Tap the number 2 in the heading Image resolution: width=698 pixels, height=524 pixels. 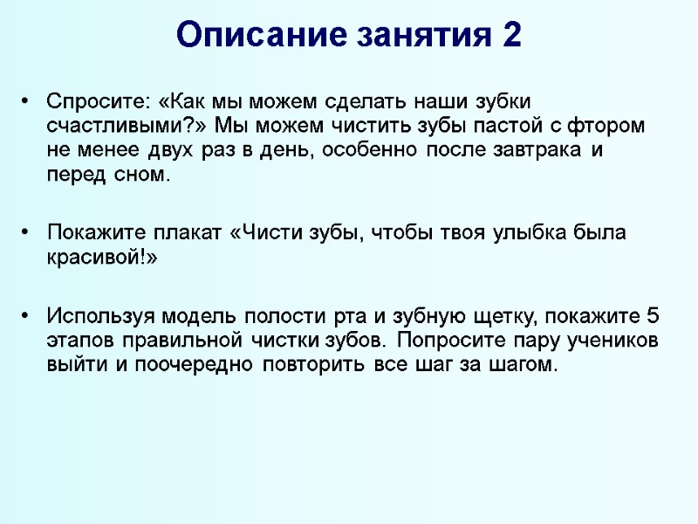click(x=512, y=35)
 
